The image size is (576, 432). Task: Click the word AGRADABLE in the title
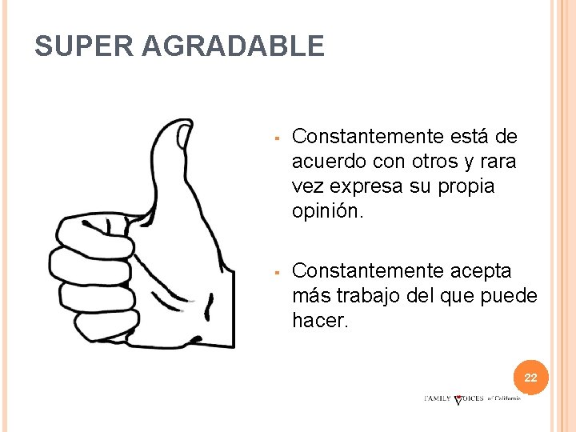click(233, 46)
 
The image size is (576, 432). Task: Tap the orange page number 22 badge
click(530, 378)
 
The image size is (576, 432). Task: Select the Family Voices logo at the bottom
click(472, 398)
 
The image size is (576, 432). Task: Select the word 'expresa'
click(366, 186)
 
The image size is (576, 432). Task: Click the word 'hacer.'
click(321, 321)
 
